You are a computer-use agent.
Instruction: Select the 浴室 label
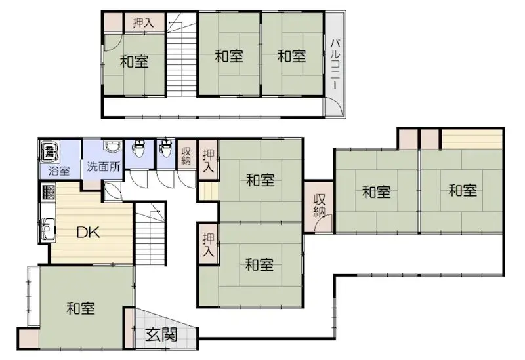59,172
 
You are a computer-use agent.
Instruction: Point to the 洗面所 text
104,167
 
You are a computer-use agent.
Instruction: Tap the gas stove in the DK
47,193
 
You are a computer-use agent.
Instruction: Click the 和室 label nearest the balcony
291,56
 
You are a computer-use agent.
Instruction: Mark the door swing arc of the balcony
333,106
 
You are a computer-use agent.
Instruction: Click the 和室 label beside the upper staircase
134,62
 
